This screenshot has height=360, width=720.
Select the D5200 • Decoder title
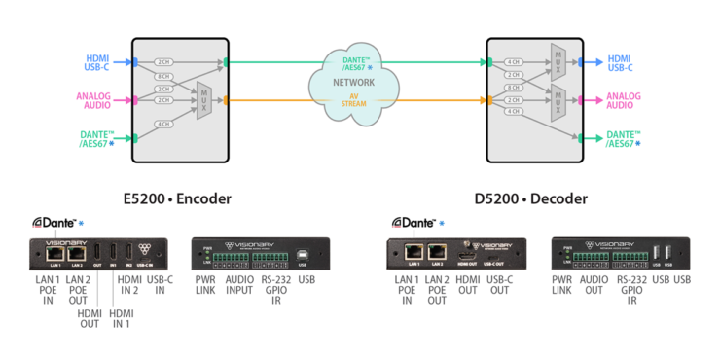[530, 198]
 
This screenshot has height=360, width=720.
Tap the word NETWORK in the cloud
[355, 84]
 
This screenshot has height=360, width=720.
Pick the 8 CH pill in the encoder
[163, 76]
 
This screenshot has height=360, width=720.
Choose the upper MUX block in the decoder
[558, 61]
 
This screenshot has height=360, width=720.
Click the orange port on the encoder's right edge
[227, 100]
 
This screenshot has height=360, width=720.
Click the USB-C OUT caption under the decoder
[498, 288]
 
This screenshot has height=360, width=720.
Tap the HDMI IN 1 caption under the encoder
[122, 318]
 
